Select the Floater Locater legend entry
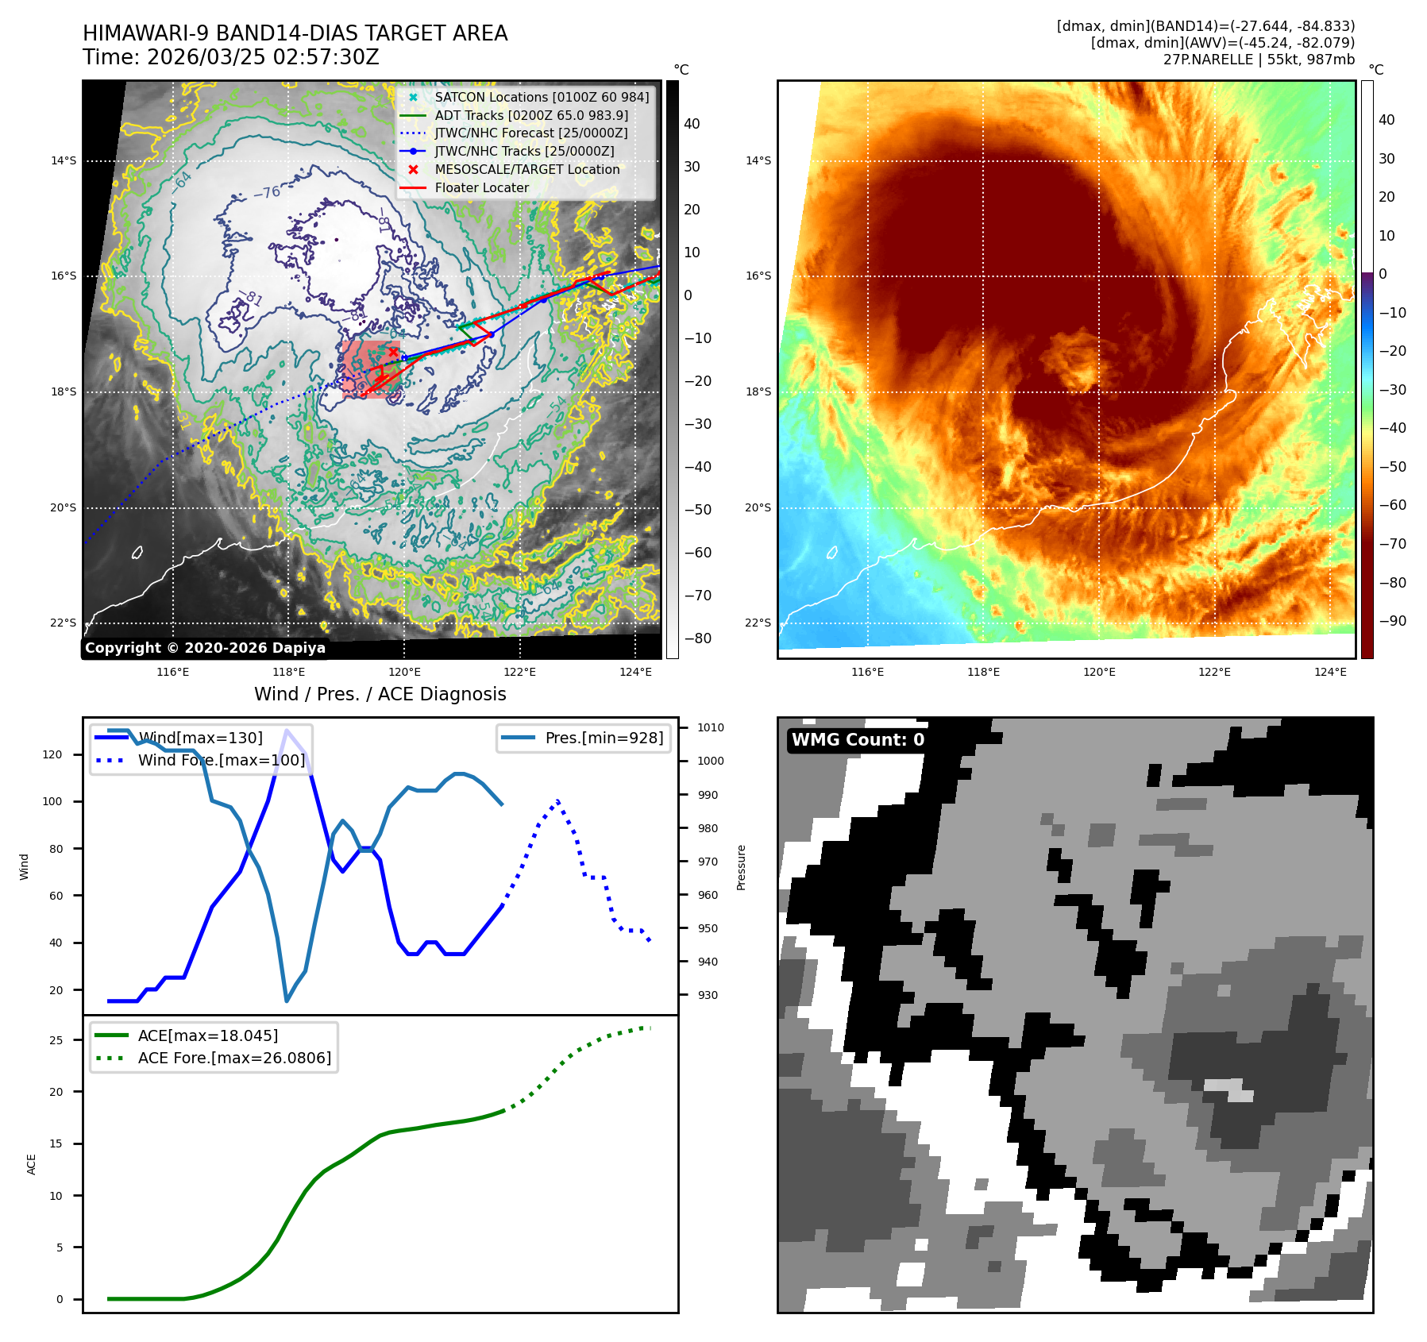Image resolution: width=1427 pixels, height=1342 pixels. tap(481, 187)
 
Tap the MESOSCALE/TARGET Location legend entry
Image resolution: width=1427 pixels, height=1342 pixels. tap(526, 169)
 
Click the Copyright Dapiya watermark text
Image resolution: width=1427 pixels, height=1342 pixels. tap(205, 648)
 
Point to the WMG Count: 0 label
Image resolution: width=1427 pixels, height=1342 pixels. tap(858, 740)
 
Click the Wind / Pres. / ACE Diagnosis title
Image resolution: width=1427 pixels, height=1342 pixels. tap(380, 694)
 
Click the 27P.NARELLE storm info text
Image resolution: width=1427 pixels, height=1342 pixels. tap(1259, 60)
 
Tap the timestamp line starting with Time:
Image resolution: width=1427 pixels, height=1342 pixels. tap(231, 57)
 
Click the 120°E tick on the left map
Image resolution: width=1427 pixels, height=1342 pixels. tap(404, 672)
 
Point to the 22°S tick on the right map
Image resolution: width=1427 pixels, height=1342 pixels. tap(758, 623)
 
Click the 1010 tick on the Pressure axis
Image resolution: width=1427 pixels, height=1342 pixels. tap(711, 727)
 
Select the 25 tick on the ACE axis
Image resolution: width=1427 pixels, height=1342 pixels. tap(56, 1040)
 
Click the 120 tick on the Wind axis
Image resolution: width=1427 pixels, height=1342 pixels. tap(52, 754)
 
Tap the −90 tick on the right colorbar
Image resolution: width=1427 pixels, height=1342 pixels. tap(1393, 621)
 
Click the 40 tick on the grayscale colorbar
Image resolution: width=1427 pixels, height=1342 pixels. tap(692, 124)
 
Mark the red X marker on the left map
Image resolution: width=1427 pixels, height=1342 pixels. tap(393, 352)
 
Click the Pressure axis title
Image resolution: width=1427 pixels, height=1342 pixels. tap(741, 867)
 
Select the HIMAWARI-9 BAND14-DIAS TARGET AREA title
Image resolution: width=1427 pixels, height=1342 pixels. tap(295, 33)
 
